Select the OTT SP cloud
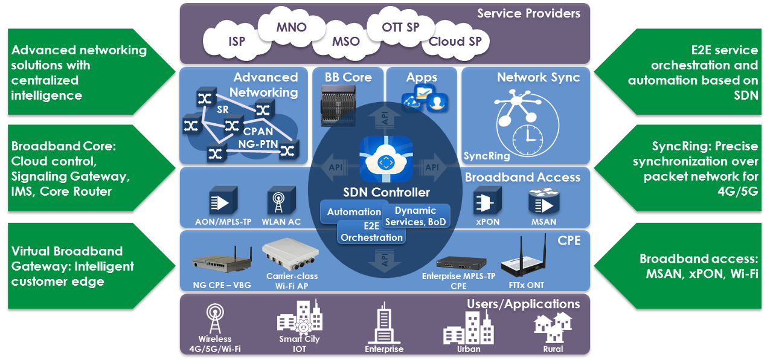[400, 28]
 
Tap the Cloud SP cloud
[455, 42]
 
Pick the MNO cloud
[291, 28]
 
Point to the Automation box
[354, 212]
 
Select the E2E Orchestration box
[371, 233]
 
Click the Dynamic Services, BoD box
[415, 216]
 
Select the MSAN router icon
[543, 201]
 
